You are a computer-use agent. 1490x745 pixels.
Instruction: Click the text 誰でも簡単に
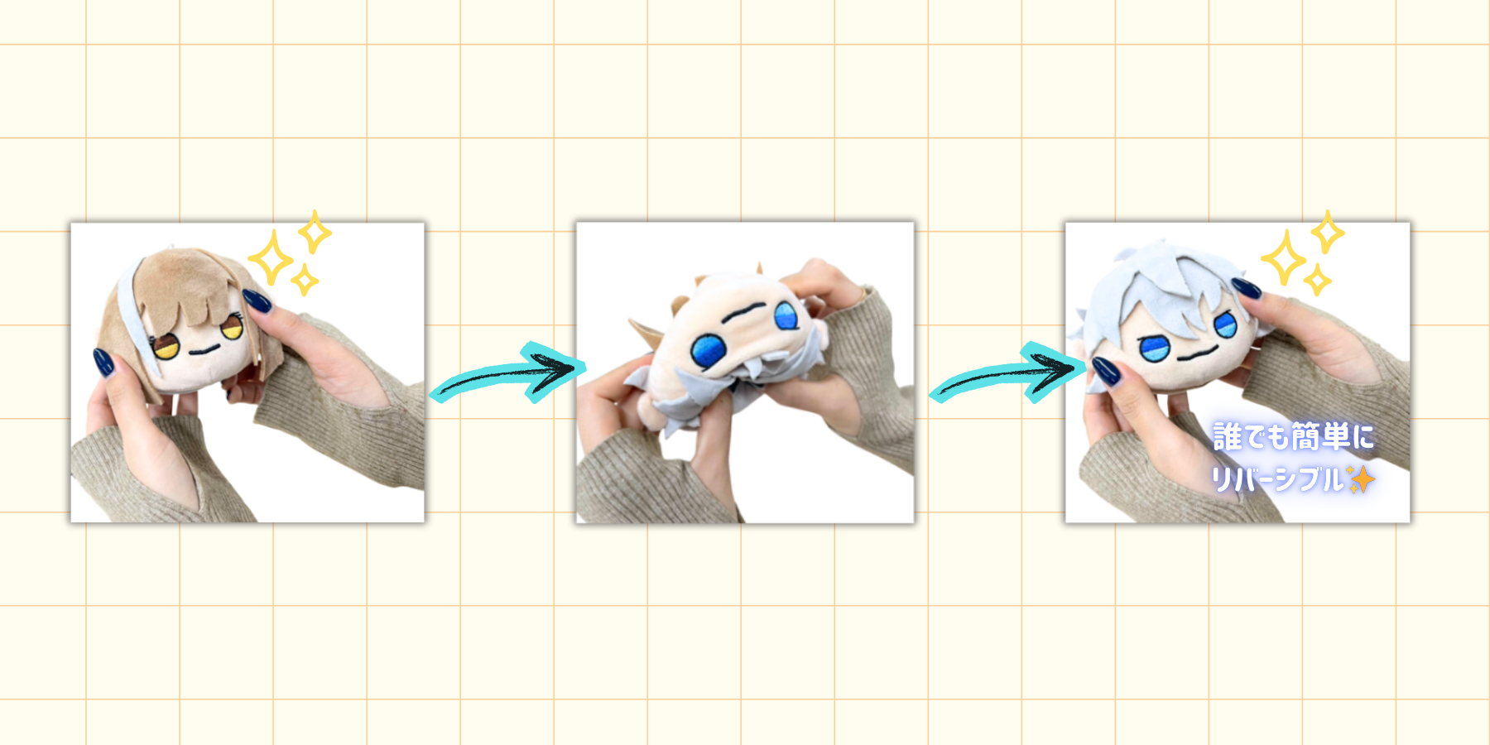tap(1293, 437)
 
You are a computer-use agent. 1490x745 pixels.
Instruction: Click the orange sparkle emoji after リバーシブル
tap(1361, 479)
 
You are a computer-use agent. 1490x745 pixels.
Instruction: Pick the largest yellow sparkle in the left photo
tap(271, 258)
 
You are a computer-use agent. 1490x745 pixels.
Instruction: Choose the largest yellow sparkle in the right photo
tap(1284, 258)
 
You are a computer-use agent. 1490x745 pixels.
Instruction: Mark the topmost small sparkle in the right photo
tap(1327, 231)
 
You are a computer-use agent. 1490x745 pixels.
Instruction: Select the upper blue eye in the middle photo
tap(785, 315)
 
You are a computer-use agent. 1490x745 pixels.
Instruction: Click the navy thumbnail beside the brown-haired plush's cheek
tap(104, 363)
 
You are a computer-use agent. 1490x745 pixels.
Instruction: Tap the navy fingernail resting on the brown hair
tap(257, 300)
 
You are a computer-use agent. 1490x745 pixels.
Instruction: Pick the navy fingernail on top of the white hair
tap(1246, 288)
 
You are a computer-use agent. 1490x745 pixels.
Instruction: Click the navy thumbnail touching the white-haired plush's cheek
tap(1106, 370)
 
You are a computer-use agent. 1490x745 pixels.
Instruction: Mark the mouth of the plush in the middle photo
tap(746, 310)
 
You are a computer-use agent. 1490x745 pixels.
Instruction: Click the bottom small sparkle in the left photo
tap(305, 280)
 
